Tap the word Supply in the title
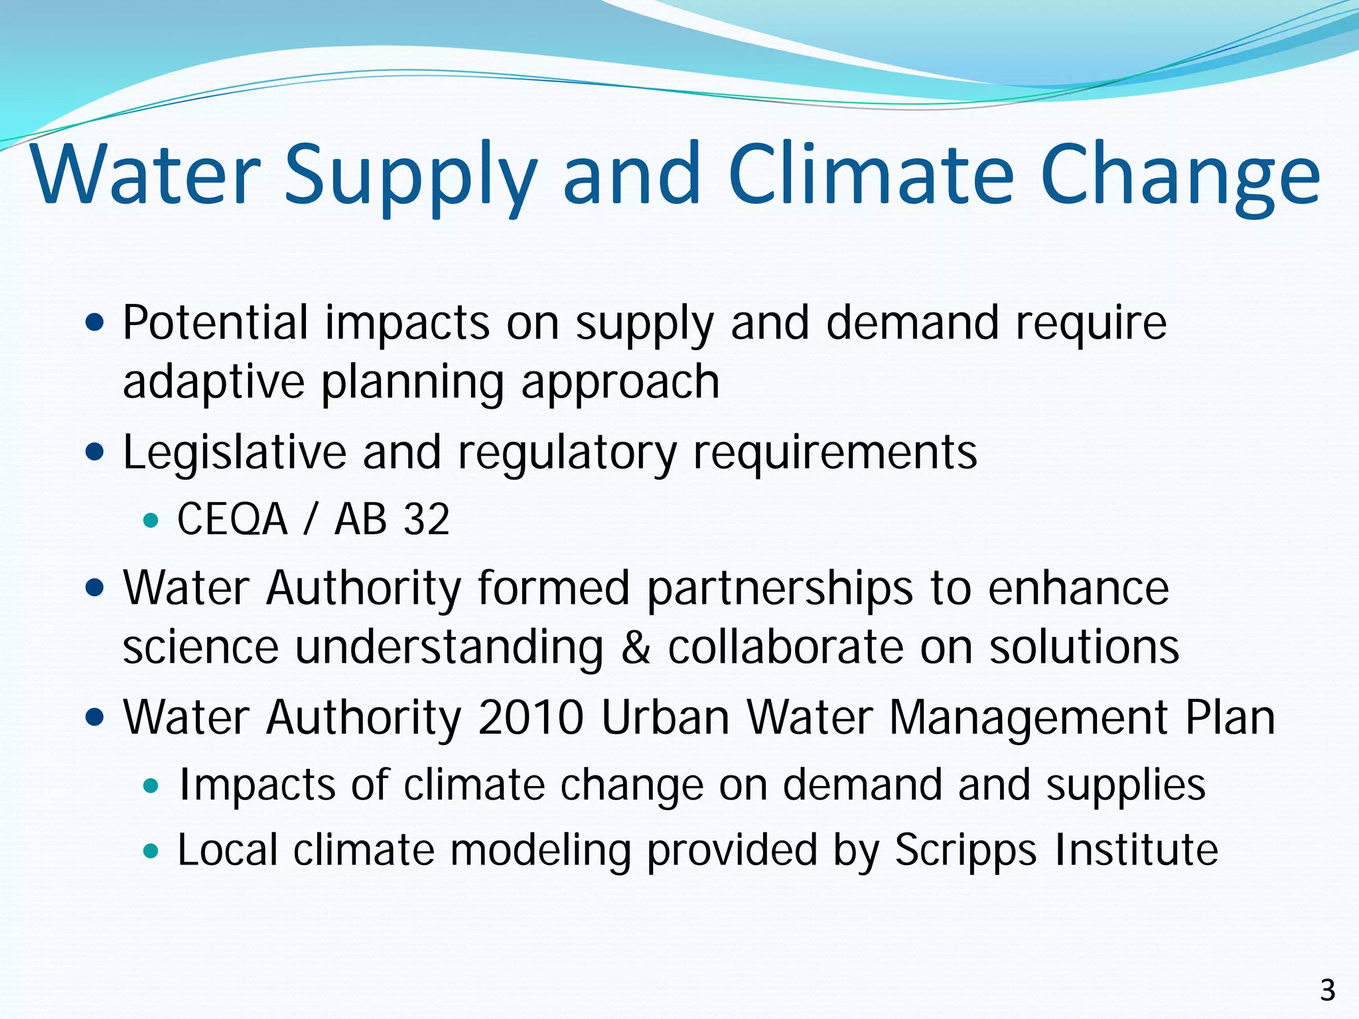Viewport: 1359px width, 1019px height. coord(409,176)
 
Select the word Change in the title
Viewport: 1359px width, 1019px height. coord(1180,176)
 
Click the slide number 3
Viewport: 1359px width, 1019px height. coord(1327,990)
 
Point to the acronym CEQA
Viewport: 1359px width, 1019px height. coord(232,519)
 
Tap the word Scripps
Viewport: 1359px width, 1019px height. coord(965,850)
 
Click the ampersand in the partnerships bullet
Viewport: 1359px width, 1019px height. coord(635,647)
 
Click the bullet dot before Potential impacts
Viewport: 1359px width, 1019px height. coord(96,323)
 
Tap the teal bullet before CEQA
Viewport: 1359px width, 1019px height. coord(151,521)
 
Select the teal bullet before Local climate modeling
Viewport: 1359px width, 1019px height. coord(151,851)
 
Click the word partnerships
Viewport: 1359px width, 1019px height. coord(780,589)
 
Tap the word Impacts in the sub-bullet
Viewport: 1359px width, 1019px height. coord(257,785)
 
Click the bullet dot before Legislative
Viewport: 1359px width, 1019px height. coord(96,453)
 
